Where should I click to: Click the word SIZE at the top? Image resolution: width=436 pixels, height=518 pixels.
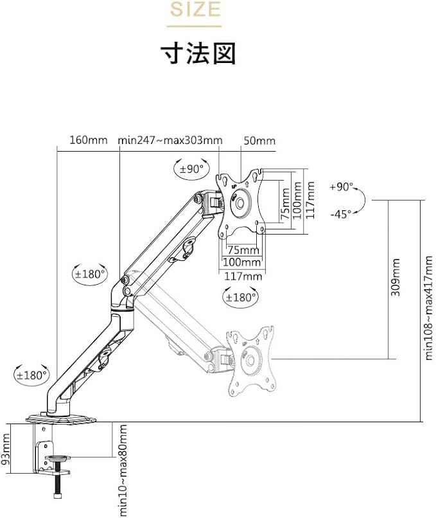[x=195, y=9]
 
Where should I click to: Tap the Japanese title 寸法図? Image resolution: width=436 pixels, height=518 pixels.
[x=198, y=53]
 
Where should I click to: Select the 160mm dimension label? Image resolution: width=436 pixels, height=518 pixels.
[x=89, y=140]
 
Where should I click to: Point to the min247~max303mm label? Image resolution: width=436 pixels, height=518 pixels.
[x=170, y=140]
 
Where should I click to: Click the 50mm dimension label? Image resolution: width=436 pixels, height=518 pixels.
[x=259, y=141]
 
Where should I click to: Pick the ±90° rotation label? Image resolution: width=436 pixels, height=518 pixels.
[x=191, y=169]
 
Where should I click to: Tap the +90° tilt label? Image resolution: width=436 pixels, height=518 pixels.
[x=341, y=186]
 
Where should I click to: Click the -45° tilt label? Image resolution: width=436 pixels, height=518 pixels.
[x=340, y=214]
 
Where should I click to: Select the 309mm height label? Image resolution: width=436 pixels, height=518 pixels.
[x=395, y=277]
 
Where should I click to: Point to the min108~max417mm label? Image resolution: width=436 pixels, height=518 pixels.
[x=428, y=308]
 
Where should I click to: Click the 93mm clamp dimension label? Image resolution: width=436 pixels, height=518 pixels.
[x=6, y=449]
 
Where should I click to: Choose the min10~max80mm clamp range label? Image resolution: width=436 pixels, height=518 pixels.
[x=123, y=470]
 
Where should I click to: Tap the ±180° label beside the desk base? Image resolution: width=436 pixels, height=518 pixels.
[x=32, y=375]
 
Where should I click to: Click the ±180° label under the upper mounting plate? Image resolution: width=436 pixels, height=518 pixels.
[x=241, y=298]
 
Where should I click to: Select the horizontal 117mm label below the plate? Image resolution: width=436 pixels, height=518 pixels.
[x=243, y=276]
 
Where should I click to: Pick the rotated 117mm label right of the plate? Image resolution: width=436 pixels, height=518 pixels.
[x=310, y=199]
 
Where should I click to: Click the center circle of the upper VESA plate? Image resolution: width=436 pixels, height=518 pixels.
[x=240, y=202]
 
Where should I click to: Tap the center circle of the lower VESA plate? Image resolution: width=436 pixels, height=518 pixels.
[x=250, y=360]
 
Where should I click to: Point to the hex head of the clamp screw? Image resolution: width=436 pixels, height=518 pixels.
[x=57, y=496]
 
